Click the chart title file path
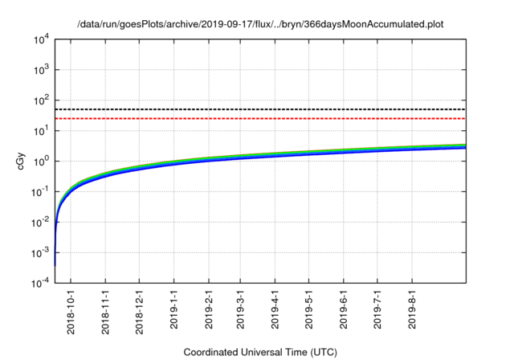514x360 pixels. [260, 25]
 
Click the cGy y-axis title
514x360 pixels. [22, 161]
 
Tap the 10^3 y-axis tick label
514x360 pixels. [40, 70]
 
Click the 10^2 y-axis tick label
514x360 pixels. [40, 100]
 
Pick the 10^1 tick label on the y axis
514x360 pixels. [40, 130]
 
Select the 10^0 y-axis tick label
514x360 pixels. [40, 161]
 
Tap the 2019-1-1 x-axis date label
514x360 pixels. [174, 309]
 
